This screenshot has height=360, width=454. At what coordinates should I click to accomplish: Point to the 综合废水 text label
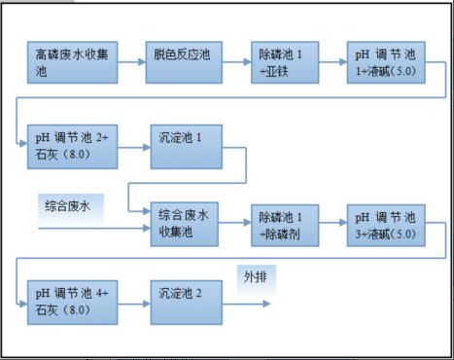coord(69,205)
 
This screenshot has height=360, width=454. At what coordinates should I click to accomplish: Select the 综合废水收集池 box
coord(183,223)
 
